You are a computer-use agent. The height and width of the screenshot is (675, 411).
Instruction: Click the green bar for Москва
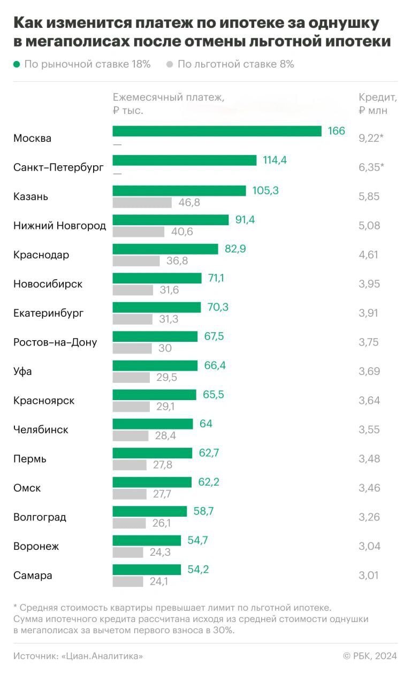(x=217, y=131)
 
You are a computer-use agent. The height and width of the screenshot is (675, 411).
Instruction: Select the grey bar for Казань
(x=142, y=203)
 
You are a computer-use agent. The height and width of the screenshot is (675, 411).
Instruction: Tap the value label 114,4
(x=275, y=160)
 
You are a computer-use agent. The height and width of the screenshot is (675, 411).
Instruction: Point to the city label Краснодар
(x=41, y=255)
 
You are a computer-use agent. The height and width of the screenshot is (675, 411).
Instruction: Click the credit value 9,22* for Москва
(x=371, y=138)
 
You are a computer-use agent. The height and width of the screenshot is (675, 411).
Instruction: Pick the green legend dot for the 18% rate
(x=17, y=65)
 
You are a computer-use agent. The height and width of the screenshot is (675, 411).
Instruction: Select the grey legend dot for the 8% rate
(x=170, y=65)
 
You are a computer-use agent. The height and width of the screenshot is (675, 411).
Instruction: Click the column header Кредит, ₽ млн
(x=377, y=104)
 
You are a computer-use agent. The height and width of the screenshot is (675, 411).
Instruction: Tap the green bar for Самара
(x=147, y=569)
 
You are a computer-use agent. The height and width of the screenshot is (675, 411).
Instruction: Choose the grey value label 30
(x=165, y=348)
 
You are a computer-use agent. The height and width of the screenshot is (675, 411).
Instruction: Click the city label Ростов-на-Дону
(x=55, y=342)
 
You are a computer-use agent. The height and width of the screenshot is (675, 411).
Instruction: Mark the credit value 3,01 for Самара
(x=369, y=576)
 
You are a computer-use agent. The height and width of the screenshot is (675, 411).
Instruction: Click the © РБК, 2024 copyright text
(x=370, y=656)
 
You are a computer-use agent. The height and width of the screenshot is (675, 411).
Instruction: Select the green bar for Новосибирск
(x=157, y=278)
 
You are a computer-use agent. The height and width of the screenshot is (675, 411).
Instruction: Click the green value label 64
(x=206, y=424)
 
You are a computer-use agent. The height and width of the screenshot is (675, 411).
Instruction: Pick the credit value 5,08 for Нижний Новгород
(x=369, y=225)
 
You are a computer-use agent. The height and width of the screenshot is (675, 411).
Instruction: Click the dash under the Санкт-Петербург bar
(x=117, y=173)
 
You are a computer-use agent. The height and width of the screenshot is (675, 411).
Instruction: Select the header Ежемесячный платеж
(x=169, y=97)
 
